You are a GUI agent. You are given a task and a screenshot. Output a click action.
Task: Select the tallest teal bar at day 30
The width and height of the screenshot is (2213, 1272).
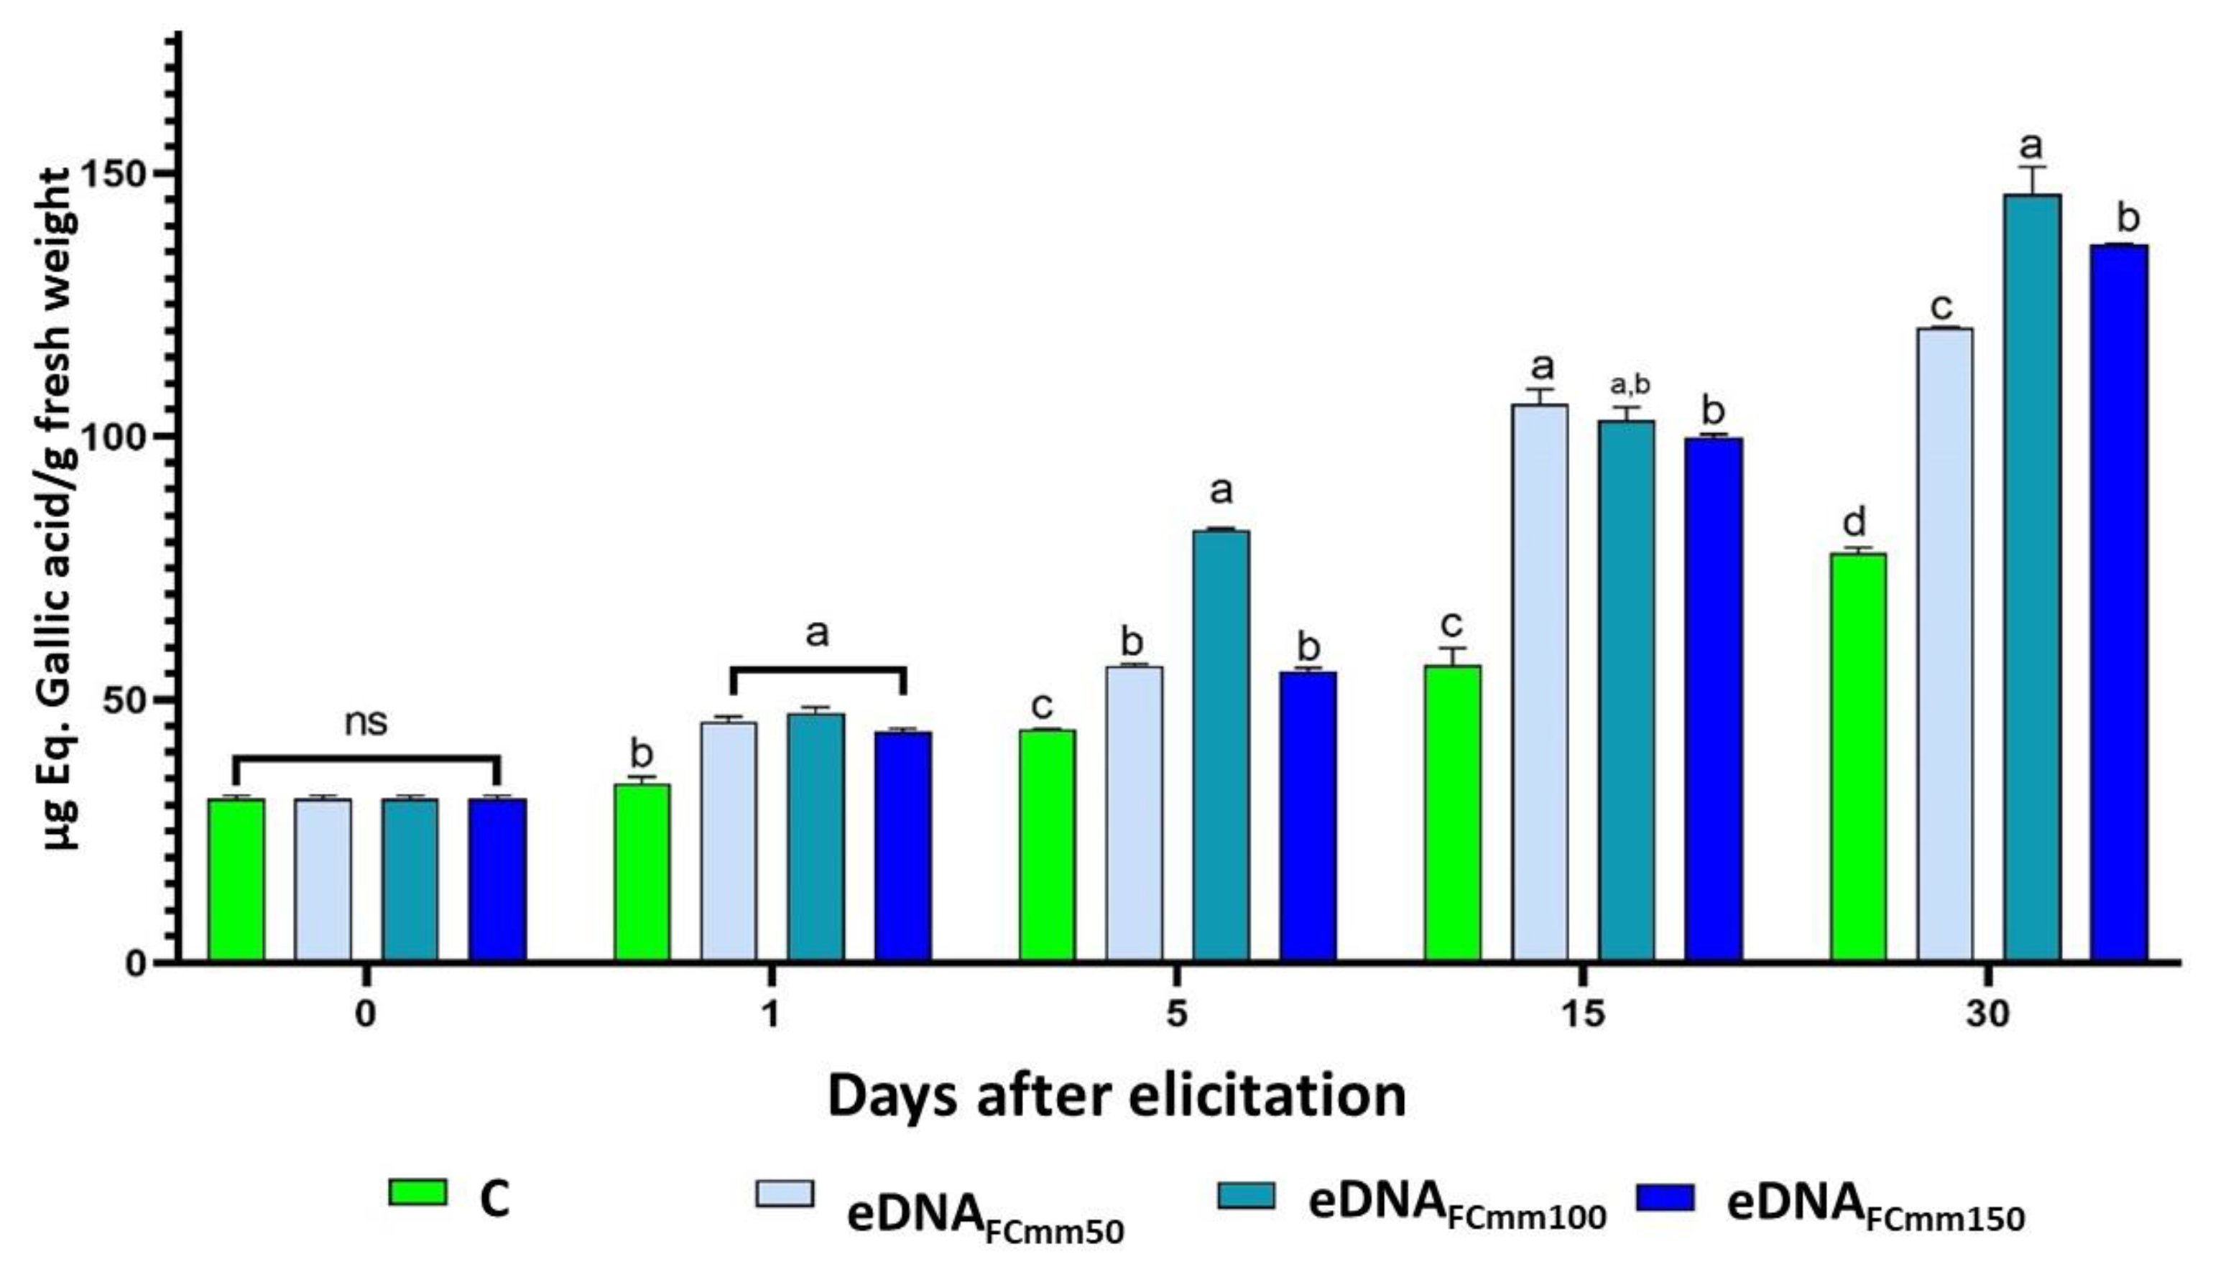(2032, 577)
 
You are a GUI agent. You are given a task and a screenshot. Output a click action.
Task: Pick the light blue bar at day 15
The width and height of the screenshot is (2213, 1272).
(1540, 682)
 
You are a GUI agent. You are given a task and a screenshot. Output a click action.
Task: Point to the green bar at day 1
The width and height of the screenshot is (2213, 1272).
(642, 873)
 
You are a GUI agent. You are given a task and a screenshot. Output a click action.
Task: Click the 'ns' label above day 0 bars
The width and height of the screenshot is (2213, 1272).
(365, 723)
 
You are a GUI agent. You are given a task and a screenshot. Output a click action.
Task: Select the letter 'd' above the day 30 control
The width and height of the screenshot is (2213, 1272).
(1854, 524)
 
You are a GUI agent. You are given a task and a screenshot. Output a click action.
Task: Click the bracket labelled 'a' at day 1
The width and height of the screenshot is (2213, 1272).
(817, 670)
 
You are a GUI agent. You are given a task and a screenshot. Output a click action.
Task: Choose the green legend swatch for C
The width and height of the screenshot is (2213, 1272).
(417, 1192)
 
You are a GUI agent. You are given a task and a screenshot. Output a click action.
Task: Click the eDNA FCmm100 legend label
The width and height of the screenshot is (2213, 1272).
(1456, 1204)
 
